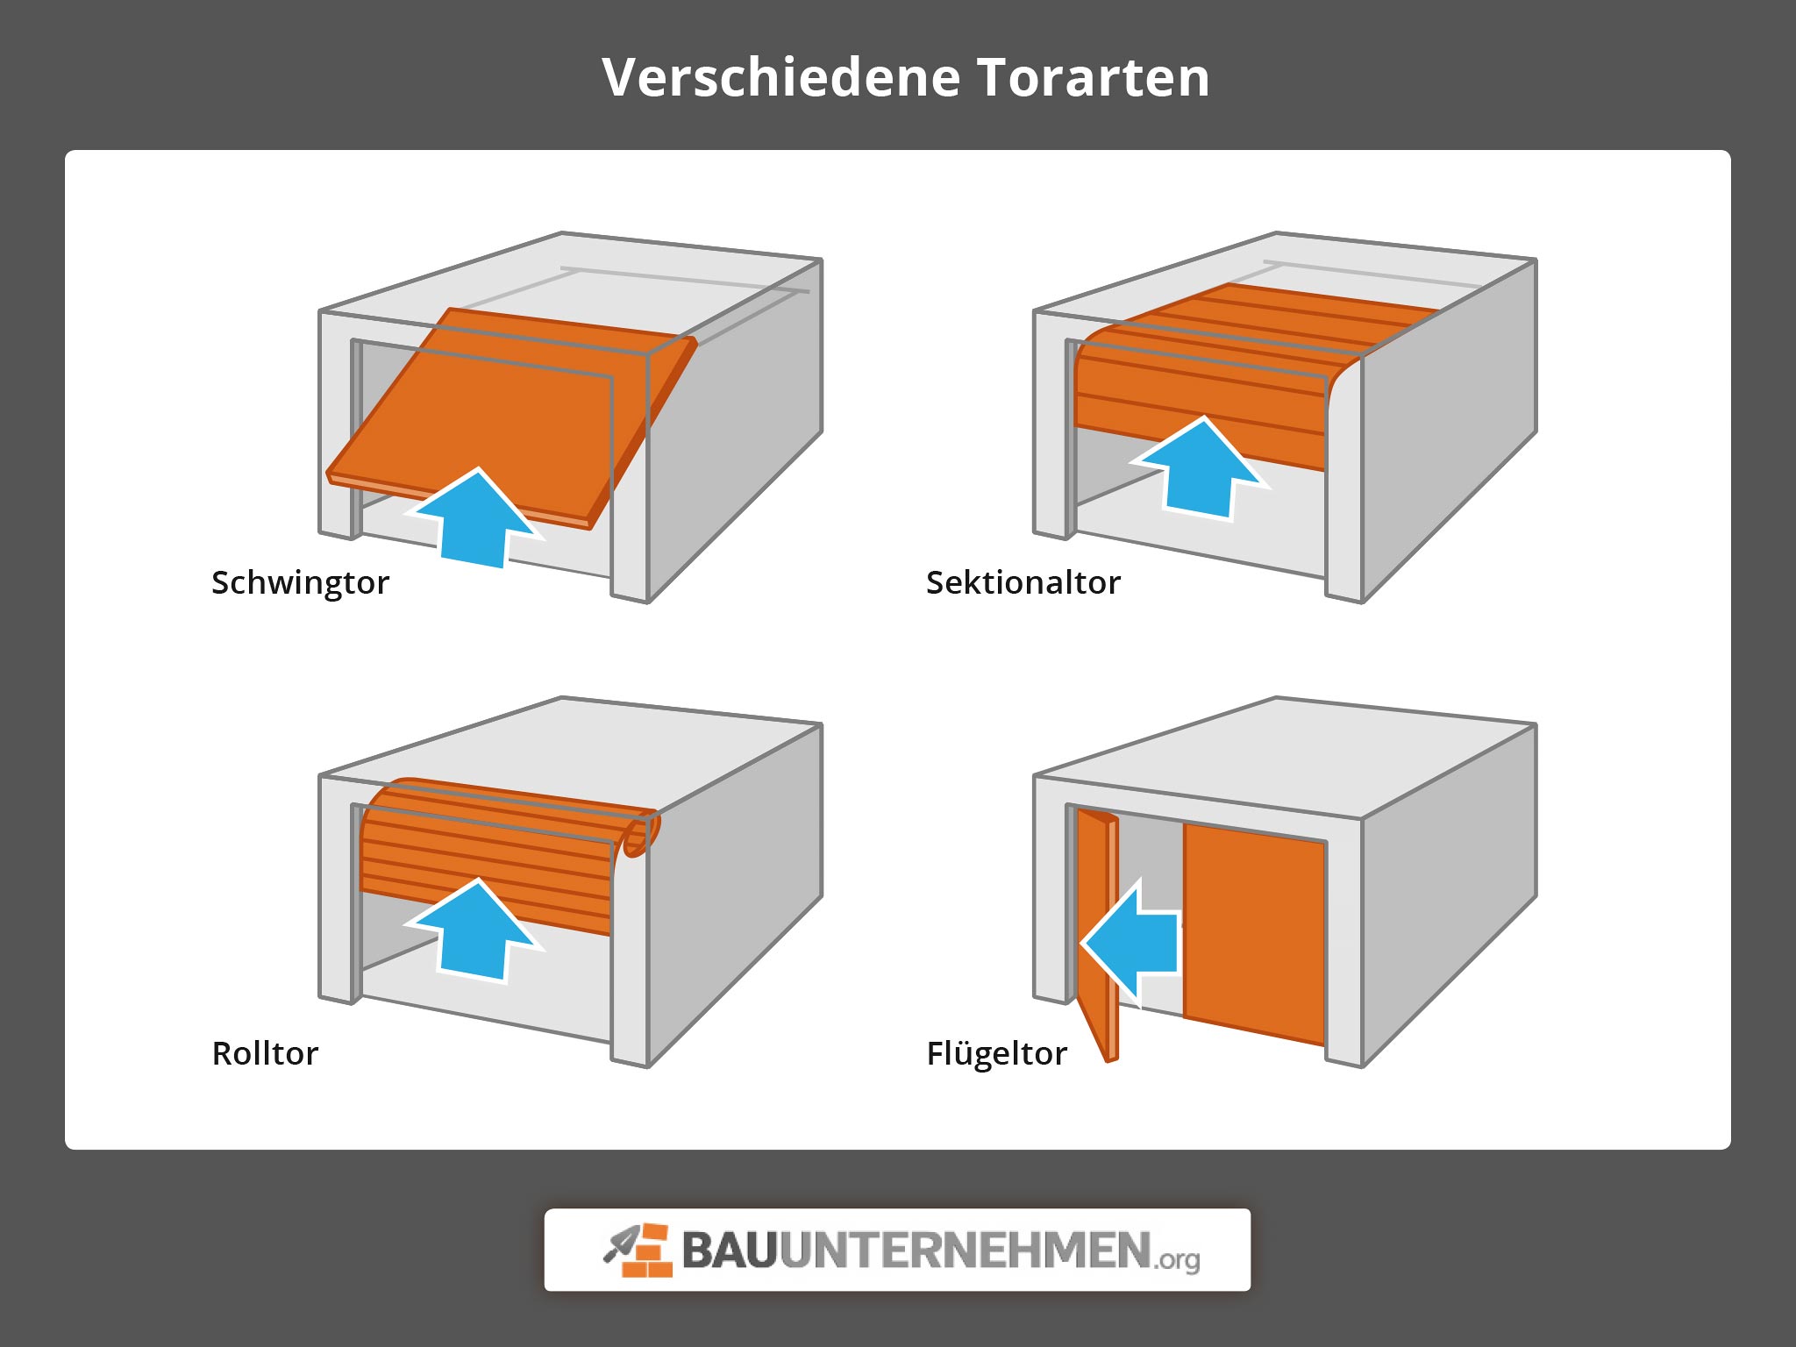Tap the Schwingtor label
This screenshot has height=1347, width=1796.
(300, 582)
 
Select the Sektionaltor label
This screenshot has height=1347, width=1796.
(1023, 582)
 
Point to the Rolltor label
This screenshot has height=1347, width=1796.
(265, 1052)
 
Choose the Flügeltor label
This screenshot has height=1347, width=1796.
(996, 1052)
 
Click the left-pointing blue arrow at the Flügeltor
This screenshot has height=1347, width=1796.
(1131, 944)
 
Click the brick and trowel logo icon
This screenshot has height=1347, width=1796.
(638, 1251)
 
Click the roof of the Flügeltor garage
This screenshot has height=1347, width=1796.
(1280, 754)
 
